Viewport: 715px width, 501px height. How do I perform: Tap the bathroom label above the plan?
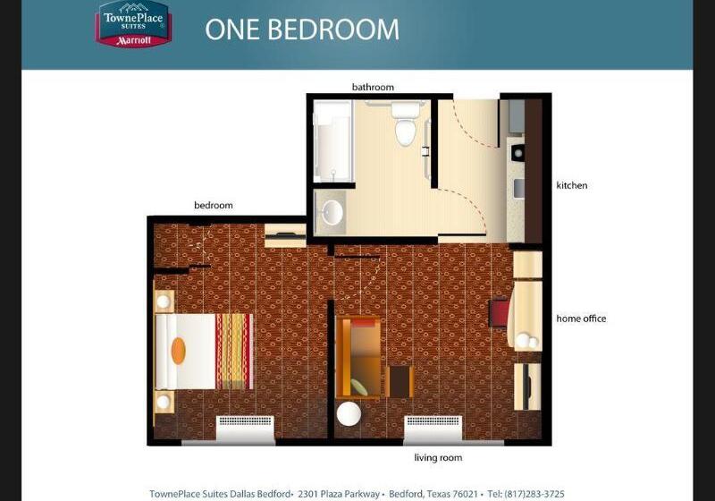[373, 87]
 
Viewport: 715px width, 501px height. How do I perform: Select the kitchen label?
[572, 186]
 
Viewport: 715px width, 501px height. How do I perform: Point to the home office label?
[581, 318]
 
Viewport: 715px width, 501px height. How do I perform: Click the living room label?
[438, 458]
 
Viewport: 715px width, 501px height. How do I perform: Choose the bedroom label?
[214, 206]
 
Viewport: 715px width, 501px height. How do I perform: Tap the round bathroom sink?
[332, 212]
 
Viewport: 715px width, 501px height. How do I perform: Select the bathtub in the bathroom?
[332, 140]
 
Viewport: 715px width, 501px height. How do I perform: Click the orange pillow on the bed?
[178, 350]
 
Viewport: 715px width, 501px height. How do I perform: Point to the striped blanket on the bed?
[234, 350]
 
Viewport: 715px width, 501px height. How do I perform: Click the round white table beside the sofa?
[349, 415]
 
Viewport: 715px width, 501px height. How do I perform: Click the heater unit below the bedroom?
[245, 429]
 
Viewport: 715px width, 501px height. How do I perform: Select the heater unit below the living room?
[433, 429]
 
